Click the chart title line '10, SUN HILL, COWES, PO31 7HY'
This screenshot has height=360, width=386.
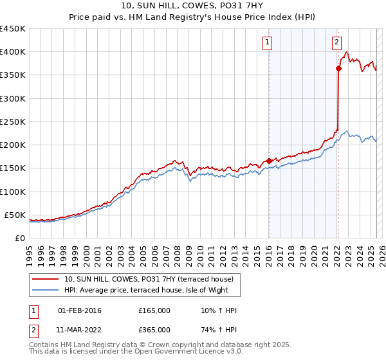tap(193, 6)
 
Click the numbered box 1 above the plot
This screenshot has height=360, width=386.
tap(267, 43)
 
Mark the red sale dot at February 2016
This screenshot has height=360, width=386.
tap(269, 161)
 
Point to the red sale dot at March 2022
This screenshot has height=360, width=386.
tap(338, 67)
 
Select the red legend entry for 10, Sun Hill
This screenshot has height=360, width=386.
tap(152, 279)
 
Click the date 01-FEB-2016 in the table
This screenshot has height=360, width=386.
tap(80, 311)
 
